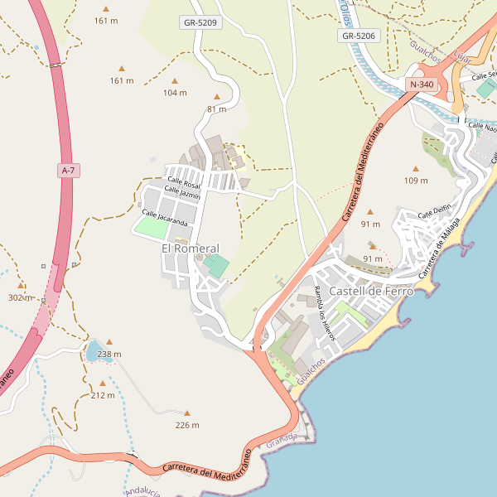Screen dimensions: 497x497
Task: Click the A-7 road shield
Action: coord(68,170)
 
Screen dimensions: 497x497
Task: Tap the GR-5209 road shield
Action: coord(199,22)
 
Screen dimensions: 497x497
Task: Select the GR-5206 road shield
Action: coord(359,36)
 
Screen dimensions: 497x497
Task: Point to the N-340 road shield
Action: coord(421,84)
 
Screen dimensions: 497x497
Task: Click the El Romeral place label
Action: coord(191,248)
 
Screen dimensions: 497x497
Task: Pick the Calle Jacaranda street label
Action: coord(165,218)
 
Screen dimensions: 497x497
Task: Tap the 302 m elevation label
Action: coord(19,297)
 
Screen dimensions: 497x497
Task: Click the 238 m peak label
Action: coord(109,354)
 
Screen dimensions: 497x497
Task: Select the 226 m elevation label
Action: coord(187,425)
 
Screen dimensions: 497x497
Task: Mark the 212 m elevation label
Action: coord(103,395)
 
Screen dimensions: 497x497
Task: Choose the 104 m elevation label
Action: coord(175,93)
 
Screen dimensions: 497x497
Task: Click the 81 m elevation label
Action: coord(216,109)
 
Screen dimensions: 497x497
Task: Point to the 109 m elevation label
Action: coord(416,180)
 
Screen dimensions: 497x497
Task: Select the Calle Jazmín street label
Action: coord(182,192)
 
